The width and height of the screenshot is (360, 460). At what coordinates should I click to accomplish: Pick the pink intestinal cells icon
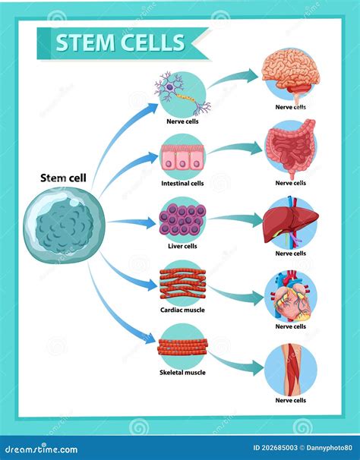pyautogui.click(x=182, y=156)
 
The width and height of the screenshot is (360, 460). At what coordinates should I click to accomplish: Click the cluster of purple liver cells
pyautogui.click(x=182, y=219)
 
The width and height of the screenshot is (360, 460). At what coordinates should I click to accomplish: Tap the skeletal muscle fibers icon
pyautogui.click(x=182, y=346)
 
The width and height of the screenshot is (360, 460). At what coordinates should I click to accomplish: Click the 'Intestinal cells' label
pyautogui.click(x=182, y=183)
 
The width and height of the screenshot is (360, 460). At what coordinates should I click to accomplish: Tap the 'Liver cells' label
pyautogui.click(x=182, y=246)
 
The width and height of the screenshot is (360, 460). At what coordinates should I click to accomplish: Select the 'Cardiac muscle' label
pyautogui.click(x=182, y=310)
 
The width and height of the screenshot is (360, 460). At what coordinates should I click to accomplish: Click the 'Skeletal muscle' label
pyautogui.click(x=182, y=373)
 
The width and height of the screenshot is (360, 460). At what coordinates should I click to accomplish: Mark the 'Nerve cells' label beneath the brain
pyautogui.click(x=290, y=107)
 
